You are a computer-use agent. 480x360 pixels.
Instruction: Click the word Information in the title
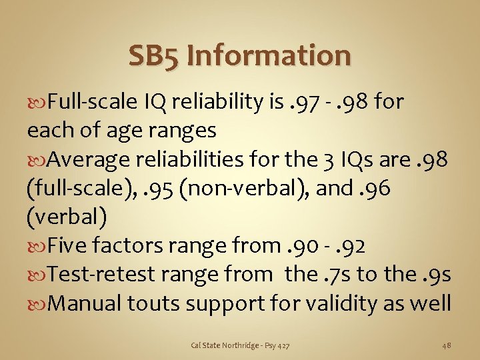269,55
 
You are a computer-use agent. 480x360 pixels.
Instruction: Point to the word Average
90,159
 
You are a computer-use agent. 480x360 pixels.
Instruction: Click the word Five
70,247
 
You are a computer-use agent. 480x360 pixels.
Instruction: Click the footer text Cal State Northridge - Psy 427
240,345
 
